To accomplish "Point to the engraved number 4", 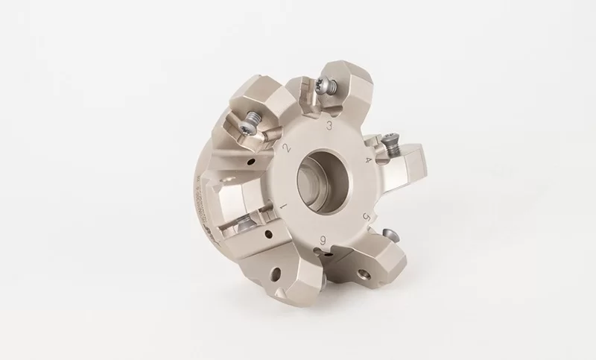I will [368, 160].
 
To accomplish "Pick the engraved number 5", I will [366, 215].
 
